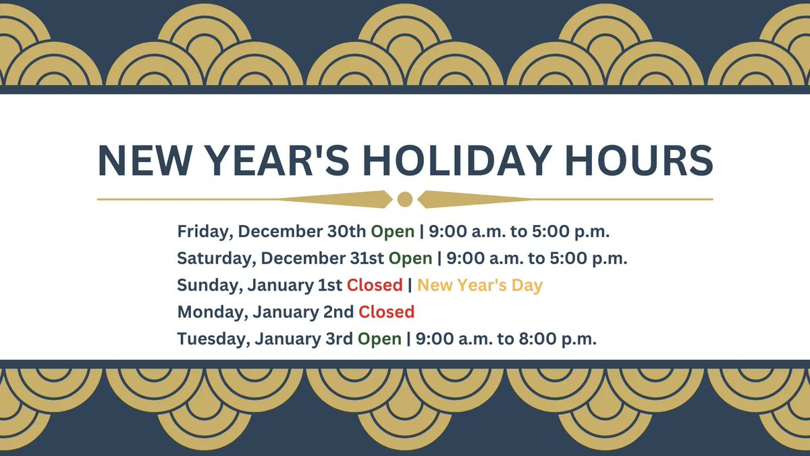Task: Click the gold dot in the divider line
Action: [405, 199]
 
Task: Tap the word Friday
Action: [203, 232]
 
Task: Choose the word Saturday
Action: [217, 258]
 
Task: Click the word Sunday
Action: [207, 285]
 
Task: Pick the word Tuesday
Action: [212, 339]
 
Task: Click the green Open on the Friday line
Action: [392, 232]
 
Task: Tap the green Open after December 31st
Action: [410, 258]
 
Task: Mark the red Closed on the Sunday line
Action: [375, 285]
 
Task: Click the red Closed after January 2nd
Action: [386, 312]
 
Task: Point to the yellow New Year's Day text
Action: [480, 285]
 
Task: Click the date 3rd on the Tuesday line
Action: [338, 339]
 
